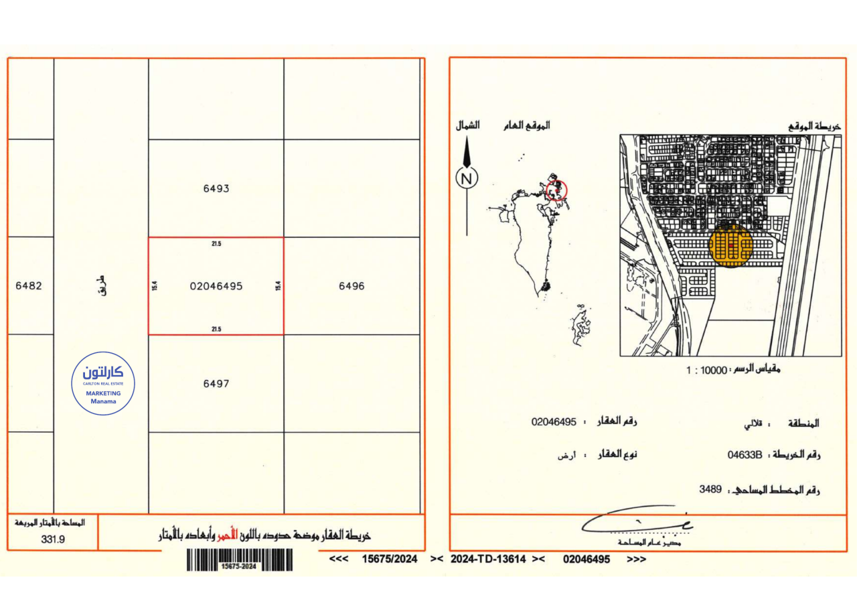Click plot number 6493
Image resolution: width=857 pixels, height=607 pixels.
216,189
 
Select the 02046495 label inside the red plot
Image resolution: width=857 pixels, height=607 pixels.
216,286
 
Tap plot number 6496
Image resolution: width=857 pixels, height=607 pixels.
352,286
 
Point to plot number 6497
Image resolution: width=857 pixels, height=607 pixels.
216,384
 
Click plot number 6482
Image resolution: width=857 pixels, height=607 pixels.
28,286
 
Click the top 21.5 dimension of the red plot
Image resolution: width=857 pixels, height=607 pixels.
216,244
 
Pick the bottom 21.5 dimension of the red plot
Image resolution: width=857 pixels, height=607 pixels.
216,329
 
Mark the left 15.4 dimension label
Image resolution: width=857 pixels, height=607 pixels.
155,286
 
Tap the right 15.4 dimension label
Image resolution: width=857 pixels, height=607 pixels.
277,286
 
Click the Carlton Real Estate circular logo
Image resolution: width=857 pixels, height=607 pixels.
103,383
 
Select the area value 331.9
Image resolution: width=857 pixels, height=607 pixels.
53,538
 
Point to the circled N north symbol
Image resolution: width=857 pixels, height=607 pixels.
467,178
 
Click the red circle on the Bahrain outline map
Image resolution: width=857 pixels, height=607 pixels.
556,190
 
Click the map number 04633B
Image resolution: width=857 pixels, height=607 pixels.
745,455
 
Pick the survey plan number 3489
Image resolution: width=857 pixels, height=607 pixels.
710,489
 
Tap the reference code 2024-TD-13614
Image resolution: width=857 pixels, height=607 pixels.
488,559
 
